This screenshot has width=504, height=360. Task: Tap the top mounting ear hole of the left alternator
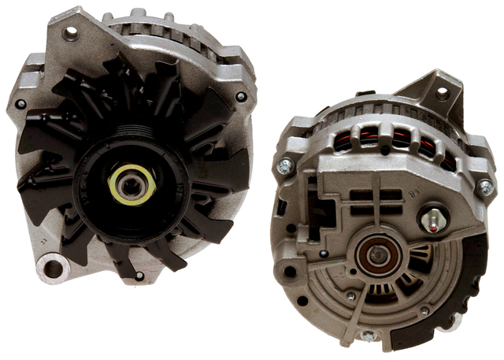(72, 33)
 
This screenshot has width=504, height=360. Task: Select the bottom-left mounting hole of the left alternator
(52, 268)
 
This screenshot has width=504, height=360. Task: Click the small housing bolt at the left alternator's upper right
(240, 97)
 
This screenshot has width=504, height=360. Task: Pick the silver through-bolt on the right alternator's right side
(485, 187)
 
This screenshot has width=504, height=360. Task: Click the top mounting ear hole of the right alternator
(442, 93)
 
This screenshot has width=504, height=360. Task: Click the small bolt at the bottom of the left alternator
(139, 275)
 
